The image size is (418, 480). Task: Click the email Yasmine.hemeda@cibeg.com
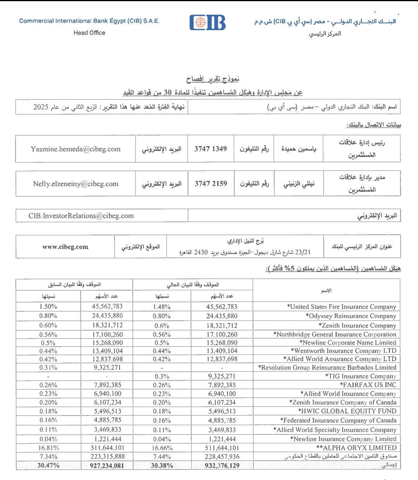(75, 149)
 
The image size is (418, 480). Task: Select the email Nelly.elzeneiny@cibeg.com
(75, 184)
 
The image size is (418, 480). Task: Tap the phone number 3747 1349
(211, 149)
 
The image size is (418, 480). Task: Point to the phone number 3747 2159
(211, 184)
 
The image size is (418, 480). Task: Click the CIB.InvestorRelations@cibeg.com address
(81, 216)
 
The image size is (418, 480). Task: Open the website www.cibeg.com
(65, 247)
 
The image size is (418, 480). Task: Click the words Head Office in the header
(89, 33)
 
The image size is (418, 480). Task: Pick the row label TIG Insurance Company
(361, 376)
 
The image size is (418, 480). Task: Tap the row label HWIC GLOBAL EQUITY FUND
(347, 411)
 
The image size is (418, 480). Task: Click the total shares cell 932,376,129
(222, 466)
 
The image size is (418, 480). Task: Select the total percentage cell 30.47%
(48, 466)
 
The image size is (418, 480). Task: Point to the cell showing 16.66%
(162, 448)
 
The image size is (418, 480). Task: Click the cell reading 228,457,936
(222, 457)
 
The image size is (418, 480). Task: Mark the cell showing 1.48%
(162, 307)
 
